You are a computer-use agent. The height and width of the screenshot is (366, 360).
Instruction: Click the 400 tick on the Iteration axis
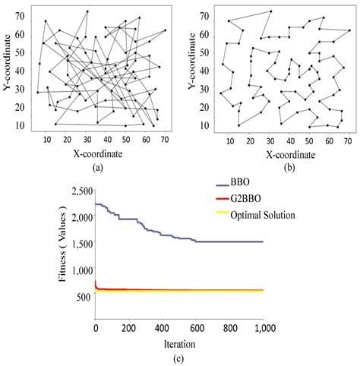click(160, 327)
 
